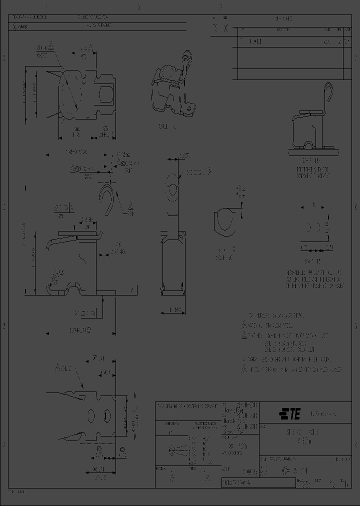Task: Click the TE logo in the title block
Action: click(x=289, y=413)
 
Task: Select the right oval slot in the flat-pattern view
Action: click(x=107, y=416)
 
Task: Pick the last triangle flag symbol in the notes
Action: click(x=244, y=369)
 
